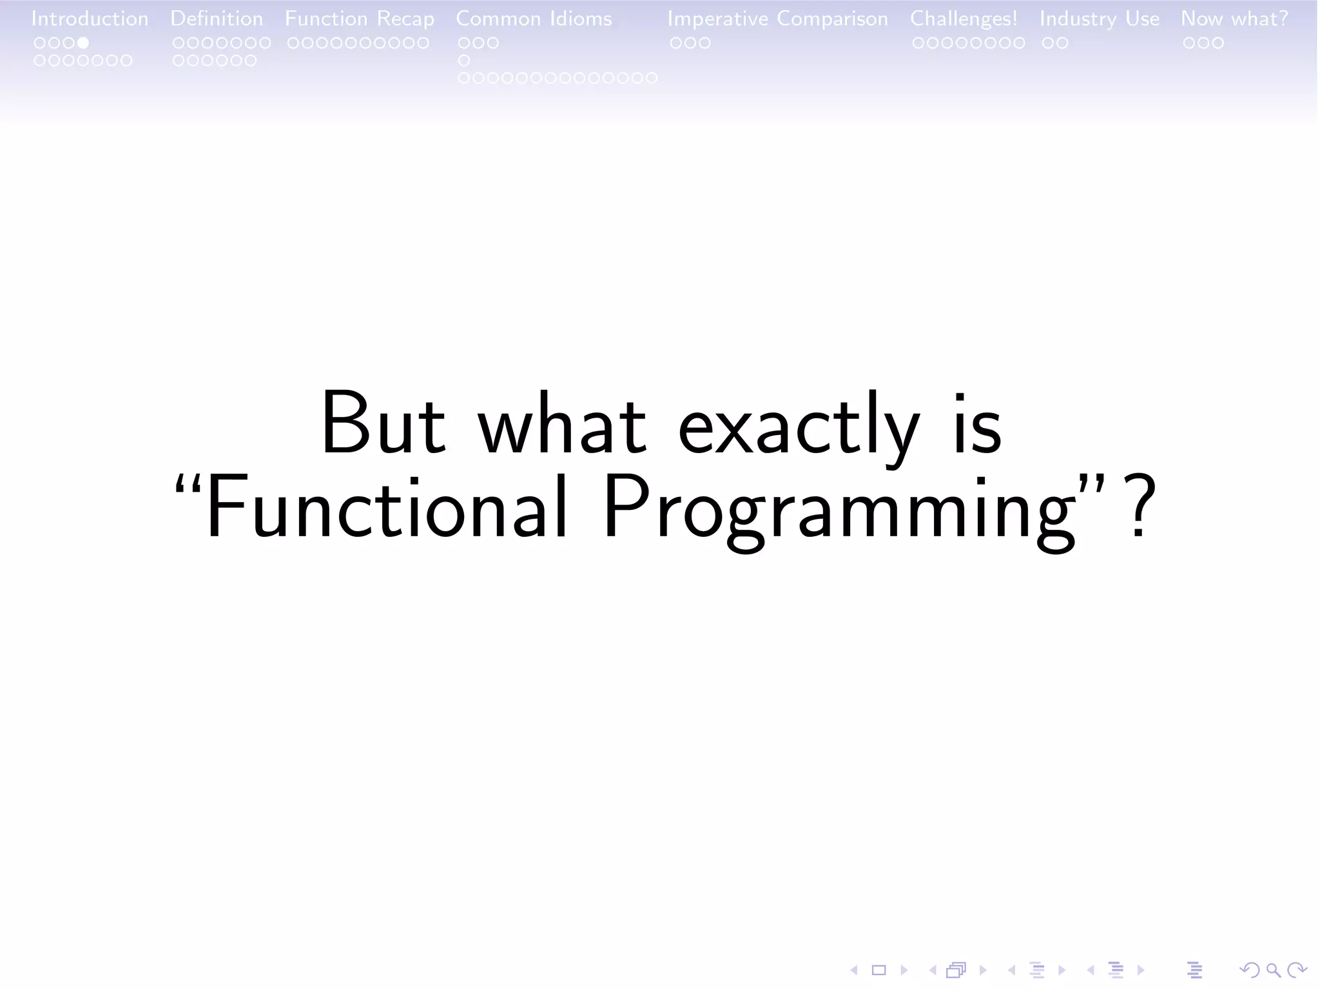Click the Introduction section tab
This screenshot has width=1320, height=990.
pyautogui.click(x=90, y=19)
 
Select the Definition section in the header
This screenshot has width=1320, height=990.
pyautogui.click(x=217, y=19)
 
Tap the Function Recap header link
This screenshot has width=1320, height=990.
pyautogui.click(x=359, y=19)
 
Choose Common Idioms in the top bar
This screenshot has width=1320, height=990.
pyautogui.click(x=534, y=19)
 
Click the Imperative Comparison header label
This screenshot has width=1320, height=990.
pyautogui.click(x=777, y=19)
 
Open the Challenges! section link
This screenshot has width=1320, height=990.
pyautogui.click(x=963, y=19)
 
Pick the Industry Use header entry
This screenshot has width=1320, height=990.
pyautogui.click(x=1099, y=19)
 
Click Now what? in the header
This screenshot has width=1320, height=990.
pyautogui.click(x=1234, y=19)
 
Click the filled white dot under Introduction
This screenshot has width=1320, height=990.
pyautogui.click(x=83, y=43)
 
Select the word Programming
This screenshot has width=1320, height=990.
pyautogui.click(x=838, y=512)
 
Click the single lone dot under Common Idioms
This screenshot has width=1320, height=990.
pyautogui.click(x=463, y=61)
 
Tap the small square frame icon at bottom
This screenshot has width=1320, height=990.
pyautogui.click(x=879, y=970)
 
